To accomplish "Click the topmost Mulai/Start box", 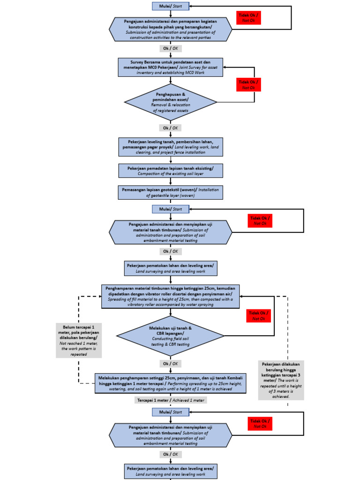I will click(170, 6).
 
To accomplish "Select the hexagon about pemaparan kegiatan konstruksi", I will click(170, 29).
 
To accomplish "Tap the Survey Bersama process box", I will click(170, 67).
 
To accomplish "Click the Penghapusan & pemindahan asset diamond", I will click(170, 103).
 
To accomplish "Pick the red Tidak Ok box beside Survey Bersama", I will click(248, 84).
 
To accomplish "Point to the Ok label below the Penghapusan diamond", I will click(170, 127).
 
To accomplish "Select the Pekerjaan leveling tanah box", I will click(170, 146).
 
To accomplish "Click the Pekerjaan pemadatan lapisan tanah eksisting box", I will click(170, 170).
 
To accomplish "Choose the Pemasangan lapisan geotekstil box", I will click(170, 192).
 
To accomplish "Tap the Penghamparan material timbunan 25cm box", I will click(170, 296).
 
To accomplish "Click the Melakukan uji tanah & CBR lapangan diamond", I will click(170, 336).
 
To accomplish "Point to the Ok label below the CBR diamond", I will click(170, 363).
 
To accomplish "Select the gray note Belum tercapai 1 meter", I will click(78, 340).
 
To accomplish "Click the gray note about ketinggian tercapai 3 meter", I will click(281, 380).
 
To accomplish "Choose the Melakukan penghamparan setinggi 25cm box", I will click(170, 383).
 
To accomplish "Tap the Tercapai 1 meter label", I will click(170, 400).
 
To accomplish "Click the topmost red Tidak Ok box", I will click(248, 18).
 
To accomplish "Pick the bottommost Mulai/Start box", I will click(170, 412).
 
